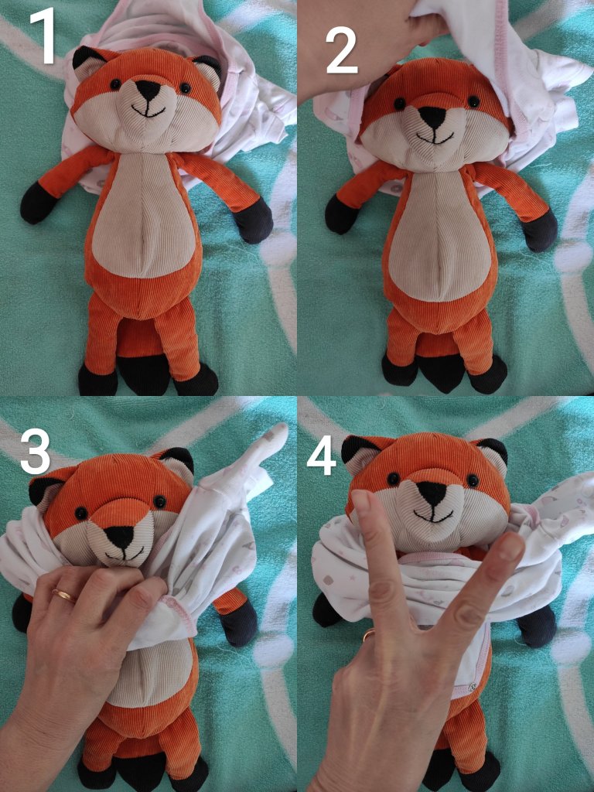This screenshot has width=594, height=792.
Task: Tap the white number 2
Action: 341,50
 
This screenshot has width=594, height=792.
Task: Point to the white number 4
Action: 321,456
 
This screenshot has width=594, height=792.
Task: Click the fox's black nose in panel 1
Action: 148,89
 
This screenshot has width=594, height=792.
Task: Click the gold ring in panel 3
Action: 64,596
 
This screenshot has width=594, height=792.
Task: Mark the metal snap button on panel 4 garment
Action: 472,686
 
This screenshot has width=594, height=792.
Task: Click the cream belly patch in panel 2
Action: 439,237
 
